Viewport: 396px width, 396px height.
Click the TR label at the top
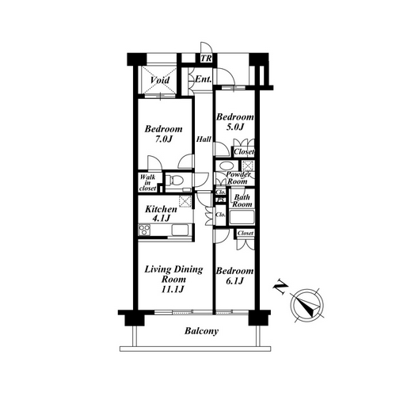206,58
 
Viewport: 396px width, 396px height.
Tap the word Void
160,80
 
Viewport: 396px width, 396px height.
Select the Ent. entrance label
204,79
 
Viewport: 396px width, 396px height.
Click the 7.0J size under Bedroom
164,139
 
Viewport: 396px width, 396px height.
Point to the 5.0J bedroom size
234,127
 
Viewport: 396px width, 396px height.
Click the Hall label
204,139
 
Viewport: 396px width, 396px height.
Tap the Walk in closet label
148,182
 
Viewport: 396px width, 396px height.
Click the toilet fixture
174,180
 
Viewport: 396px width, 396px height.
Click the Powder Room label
238,178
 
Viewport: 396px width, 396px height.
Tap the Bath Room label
242,200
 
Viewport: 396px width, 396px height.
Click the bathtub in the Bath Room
242,217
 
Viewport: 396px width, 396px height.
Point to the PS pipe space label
221,200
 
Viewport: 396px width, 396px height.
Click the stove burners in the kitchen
144,230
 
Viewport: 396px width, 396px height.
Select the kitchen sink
180,230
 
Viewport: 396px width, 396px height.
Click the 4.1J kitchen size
161,218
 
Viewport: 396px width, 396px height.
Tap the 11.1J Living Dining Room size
173,289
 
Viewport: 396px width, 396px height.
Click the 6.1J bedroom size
234,281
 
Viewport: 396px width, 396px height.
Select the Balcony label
202,331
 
